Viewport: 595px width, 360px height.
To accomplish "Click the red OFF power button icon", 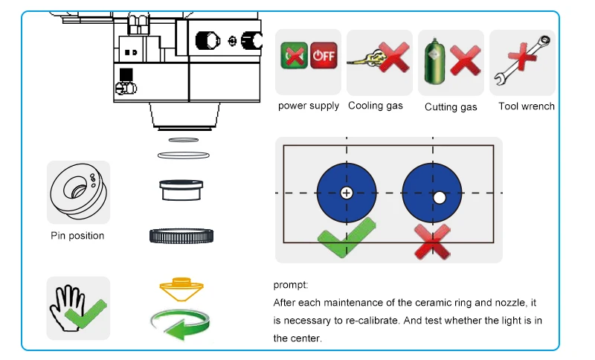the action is (324, 55).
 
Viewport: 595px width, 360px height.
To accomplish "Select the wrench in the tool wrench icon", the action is (523, 60).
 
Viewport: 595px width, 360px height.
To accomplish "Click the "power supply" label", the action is (309, 106).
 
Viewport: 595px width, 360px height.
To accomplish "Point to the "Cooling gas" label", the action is (376, 106).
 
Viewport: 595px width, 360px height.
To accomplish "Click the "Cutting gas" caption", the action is (451, 107).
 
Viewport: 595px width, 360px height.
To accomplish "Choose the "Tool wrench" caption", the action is (527, 106).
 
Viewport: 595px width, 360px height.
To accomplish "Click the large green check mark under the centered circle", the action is (346, 237).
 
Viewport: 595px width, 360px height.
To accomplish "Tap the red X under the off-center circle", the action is (433, 242).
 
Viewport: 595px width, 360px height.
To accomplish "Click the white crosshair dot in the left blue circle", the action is (346, 193).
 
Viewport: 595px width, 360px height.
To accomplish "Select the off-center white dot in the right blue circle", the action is (440, 198).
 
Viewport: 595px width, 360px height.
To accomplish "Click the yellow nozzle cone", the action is (181, 289).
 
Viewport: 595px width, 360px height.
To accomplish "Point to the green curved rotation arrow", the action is (180, 324).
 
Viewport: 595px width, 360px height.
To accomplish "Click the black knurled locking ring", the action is (181, 236).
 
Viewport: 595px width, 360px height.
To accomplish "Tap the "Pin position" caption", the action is (77, 236).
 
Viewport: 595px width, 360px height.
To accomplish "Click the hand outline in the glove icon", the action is (68, 307).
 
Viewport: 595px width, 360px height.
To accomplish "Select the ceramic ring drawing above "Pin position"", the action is (79, 192).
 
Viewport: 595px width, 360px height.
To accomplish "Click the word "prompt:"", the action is (291, 285).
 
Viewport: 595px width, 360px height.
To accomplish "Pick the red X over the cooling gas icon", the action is (394, 57).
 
